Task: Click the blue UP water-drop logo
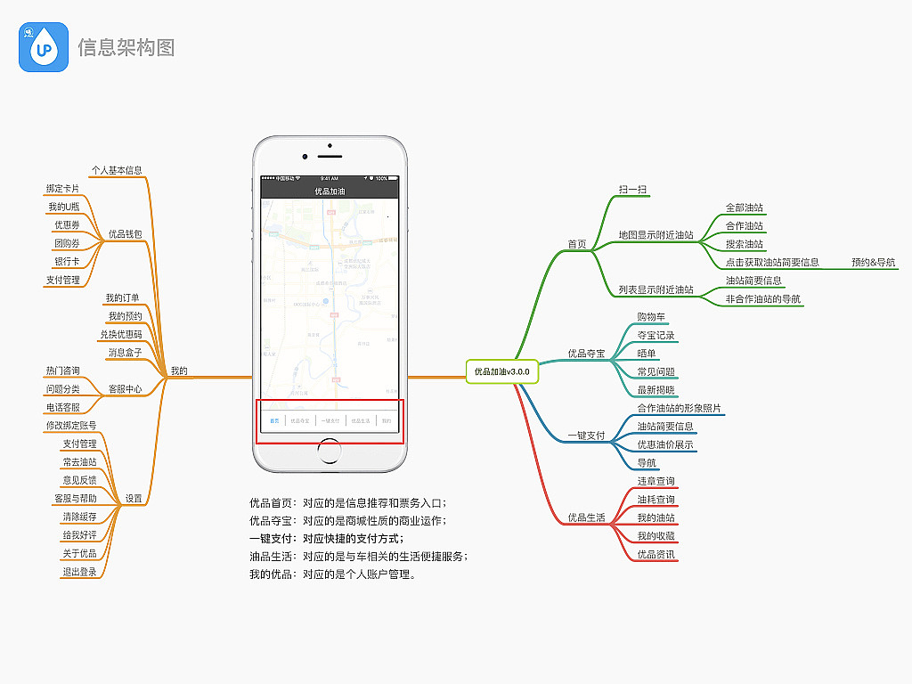44,47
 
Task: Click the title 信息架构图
126,47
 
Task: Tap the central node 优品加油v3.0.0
501,370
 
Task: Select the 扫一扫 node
632,190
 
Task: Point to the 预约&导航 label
873,262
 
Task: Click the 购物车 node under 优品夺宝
651,317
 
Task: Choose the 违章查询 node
655,481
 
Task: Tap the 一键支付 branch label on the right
586,436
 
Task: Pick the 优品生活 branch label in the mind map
586,517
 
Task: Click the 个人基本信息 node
116,170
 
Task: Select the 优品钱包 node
125,234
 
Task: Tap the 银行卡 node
67,262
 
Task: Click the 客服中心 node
125,389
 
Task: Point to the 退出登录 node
79,572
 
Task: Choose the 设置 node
134,499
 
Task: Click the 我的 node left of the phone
178,370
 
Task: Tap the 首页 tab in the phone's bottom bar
274,420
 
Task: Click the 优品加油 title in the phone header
330,191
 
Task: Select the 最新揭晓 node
655,390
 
